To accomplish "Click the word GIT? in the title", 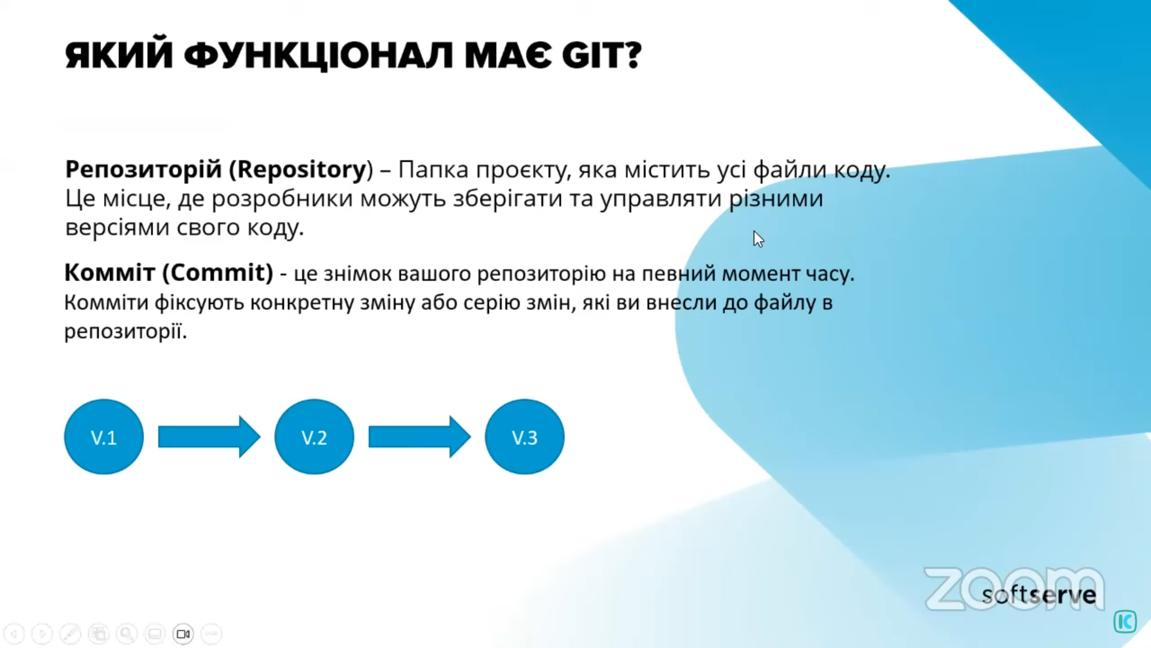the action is [601, 55].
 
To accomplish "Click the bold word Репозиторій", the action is [143, 170].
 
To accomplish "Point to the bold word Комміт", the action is [110, 272].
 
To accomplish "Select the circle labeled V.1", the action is [104, 437].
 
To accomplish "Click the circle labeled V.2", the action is [314, 437].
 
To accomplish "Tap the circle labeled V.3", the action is [525, 437].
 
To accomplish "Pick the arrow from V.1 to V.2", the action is [209, 437].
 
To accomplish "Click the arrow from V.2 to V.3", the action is [420, 437].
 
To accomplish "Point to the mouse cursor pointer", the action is [758, 239].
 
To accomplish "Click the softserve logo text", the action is [1039, 595].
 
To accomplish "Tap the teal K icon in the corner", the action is [1125, 622].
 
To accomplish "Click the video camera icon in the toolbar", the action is [183, 634].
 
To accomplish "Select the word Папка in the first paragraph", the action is [433, 170].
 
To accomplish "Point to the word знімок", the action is [357, 274].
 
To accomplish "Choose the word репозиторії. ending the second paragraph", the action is [125, 331].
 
